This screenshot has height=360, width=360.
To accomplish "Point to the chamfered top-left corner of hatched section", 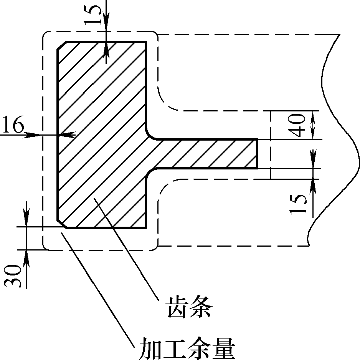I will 61,45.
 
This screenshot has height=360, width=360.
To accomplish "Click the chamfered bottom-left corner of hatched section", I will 61,224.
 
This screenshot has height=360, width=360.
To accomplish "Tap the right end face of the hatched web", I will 256,154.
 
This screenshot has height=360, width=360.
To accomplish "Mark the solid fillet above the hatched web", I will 150,134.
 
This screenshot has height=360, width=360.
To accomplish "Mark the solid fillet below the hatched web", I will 150,173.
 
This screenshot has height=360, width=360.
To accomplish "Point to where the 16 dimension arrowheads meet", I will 57,134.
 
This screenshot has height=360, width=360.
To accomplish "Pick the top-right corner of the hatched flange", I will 146,41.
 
